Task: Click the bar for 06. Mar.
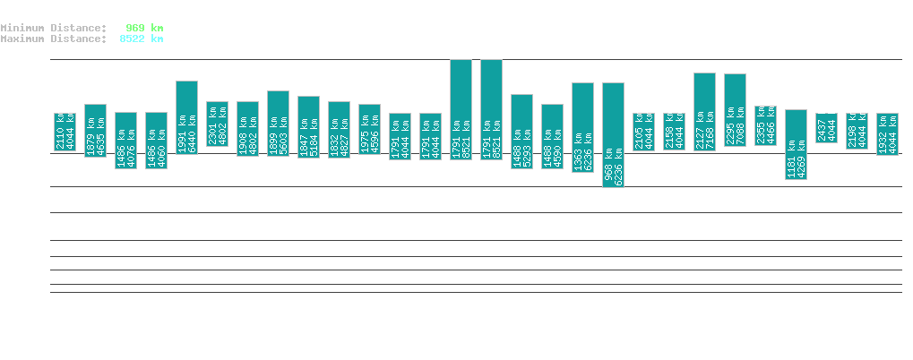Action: tap(613, 134)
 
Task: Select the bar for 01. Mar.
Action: tap(461, 109)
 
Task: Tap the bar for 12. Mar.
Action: tap(796, 144)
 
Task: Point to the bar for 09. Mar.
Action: tap(704, 111)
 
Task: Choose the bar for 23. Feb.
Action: tap(278, 124)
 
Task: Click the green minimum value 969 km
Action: tap(144, 28)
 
